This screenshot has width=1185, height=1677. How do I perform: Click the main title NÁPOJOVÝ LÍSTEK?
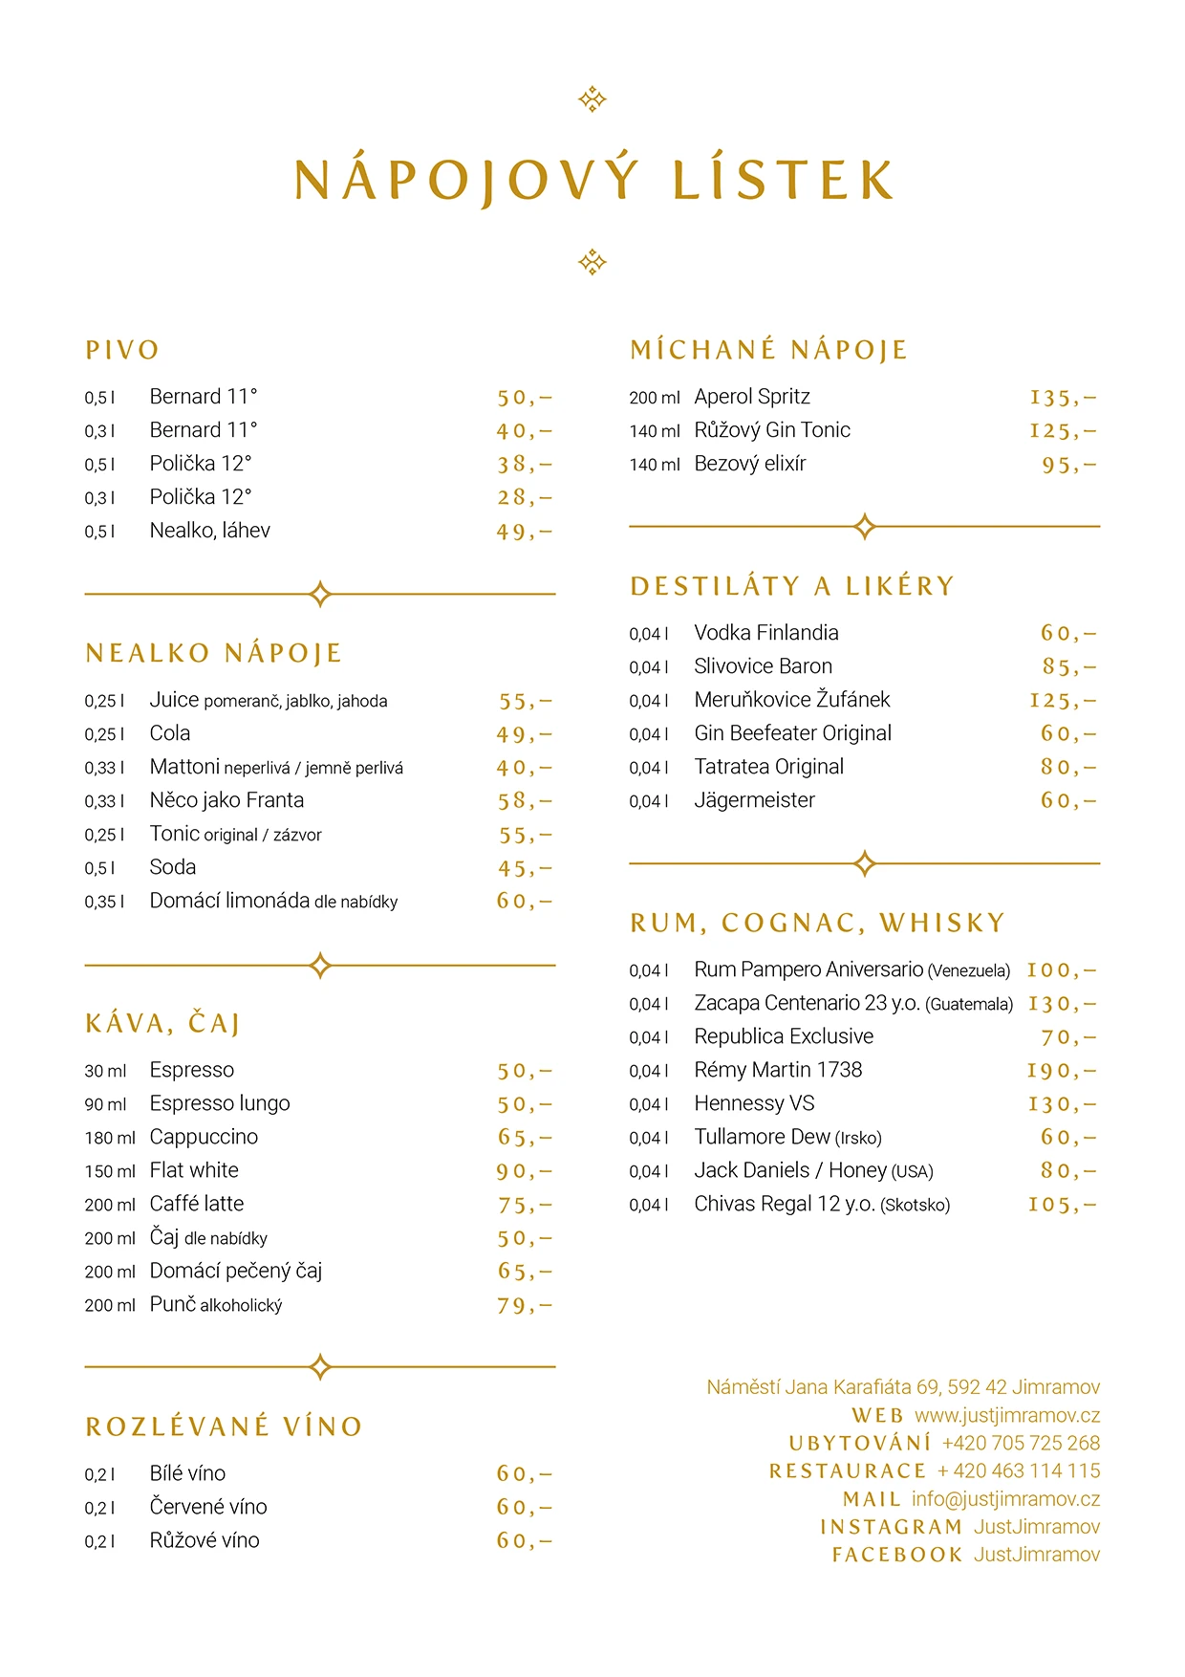tap(592, 180)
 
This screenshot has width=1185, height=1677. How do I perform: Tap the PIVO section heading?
tap(122, 350)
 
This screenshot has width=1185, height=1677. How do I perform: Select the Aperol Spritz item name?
tap(752, 397)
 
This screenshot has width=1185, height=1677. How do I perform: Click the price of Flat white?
tap(524, 1171)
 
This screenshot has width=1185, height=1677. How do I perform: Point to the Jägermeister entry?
tap(754, 800)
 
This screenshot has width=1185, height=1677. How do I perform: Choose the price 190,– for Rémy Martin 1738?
tap(1061, 1071)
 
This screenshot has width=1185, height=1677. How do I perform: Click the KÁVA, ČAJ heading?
tap(162, 1023)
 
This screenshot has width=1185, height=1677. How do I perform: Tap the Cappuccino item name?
tap(204, 1137)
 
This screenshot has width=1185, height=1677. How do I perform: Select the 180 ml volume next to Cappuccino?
tap(110, 1138)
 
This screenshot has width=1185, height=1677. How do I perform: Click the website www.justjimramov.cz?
tap(1007, 1415)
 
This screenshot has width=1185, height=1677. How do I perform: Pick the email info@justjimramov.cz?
tap(1005, 1498)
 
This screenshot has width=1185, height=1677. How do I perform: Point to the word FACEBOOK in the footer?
tap(896, 1555)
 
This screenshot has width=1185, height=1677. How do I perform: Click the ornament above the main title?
tap(592, 99)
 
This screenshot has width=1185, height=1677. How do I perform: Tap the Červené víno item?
tap(208, 1507)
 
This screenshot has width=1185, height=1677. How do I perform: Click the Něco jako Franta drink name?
tap(226, 800)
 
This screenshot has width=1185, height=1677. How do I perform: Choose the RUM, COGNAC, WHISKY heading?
tap(817, 923)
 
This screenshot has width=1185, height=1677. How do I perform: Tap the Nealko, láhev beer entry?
tap(209, 531)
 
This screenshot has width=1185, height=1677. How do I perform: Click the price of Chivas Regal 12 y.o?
tap(1062, 1205)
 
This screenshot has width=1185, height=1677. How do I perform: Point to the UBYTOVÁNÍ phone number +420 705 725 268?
tap(1021, 1443)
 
